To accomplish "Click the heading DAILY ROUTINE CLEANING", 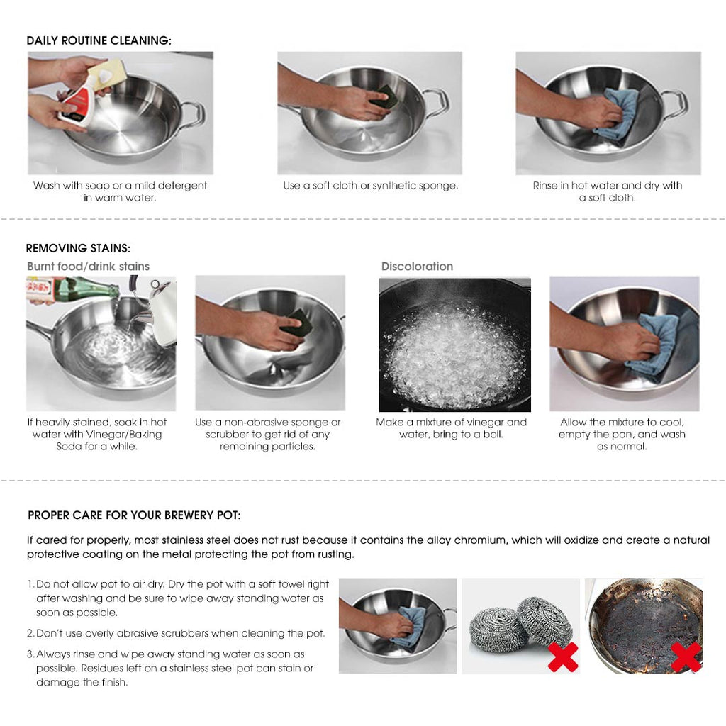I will tap(99, 40).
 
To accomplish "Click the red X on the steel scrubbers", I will tap(562, 657).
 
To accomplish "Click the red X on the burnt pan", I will tap(686, 657).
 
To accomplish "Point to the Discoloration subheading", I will tap(417, 267).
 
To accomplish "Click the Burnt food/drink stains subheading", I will tap(88, 267).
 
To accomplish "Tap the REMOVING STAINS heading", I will tap(78, 248).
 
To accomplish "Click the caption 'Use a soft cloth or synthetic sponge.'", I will tap(370, 186).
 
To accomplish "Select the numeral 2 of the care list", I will tap(30, 633).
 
